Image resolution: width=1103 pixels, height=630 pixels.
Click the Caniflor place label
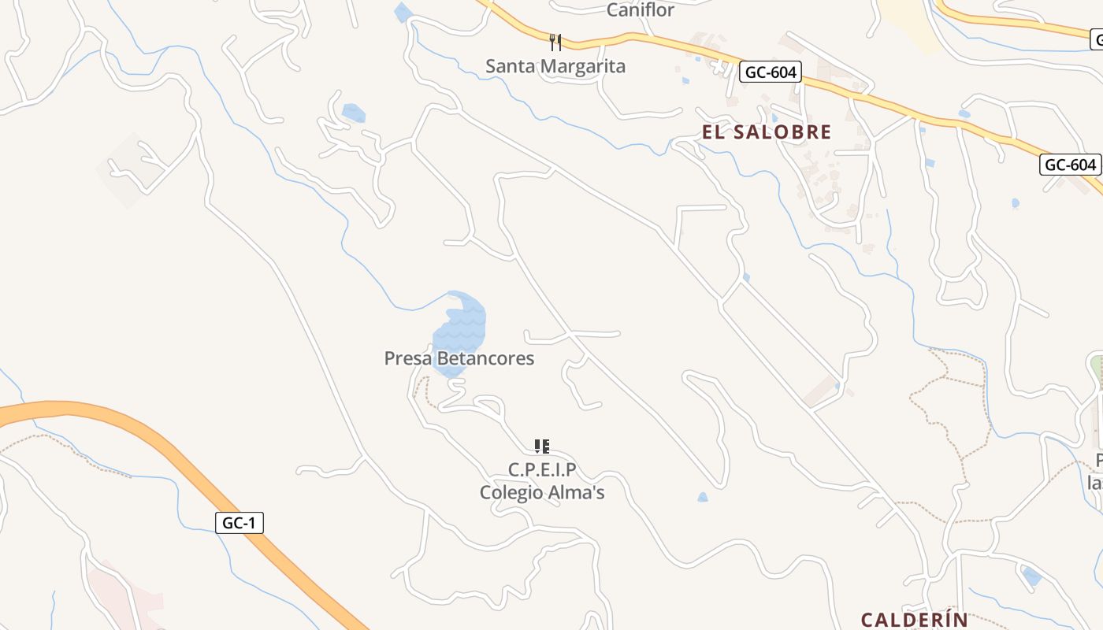pos(641,10)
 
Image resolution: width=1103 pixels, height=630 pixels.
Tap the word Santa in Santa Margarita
pos(510,66)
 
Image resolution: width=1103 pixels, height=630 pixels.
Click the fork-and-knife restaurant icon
pos(555,42)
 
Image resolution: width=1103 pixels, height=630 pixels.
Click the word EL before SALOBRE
pos(713,132)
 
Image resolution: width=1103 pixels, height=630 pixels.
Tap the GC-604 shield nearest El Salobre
pos(771,73)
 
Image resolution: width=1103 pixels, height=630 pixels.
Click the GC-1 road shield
pos(240,523)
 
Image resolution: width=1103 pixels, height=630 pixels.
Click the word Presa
pos(407,359)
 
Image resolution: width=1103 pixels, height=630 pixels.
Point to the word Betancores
pos(485,359)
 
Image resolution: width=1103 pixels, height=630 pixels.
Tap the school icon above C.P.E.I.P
pos(541,447)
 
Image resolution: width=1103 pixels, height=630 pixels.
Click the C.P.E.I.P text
pos(542,471)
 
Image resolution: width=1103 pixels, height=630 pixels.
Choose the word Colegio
pos(513,493)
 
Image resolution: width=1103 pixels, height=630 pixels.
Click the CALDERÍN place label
pos(914,620)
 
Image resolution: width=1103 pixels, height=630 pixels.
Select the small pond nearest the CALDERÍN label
pos(1031,576)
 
